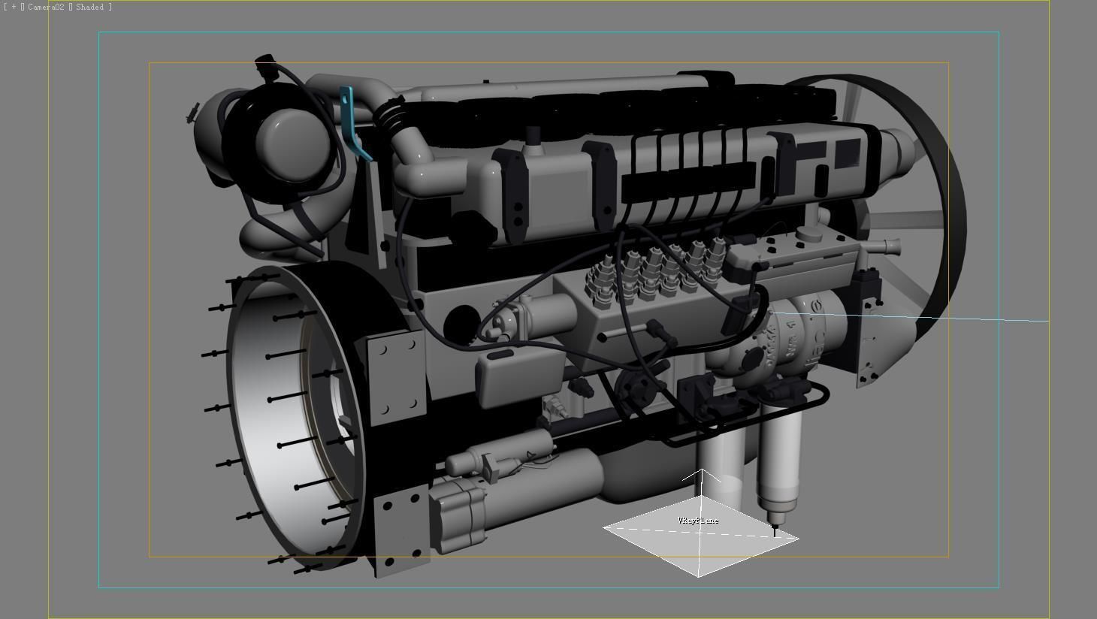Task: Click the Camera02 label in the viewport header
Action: pyautogui.click(x=47, y=7)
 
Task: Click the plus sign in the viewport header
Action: pyautogui.click(x=14, y=7)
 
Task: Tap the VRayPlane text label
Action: pyautogui.click(x=698, y=521)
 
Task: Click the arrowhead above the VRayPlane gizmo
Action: pyautogui.click(x=702, y=474)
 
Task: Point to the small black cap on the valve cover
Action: pyautogui.click(x=533, y=135)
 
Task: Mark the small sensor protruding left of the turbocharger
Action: pyautogui.click(x=193, y=113)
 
